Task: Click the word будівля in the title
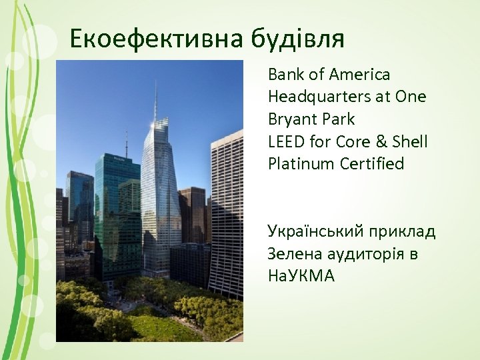pyautogui.click(x=297, y=39)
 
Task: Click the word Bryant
pyautogui.click(x=289, y=119)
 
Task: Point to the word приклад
pyautogui.click(x=403, y=232)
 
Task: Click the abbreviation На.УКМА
pyautogui.click(x=301, y=276)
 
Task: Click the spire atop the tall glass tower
pyautogui.click(x=155, y=100)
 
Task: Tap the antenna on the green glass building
pyautogui.click(x=126, y=143)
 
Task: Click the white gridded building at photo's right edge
pyautogui.click(x=227, y=213)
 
